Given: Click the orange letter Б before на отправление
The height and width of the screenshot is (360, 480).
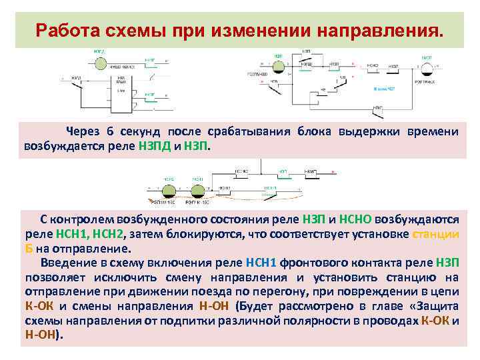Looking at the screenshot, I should (29, 248).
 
